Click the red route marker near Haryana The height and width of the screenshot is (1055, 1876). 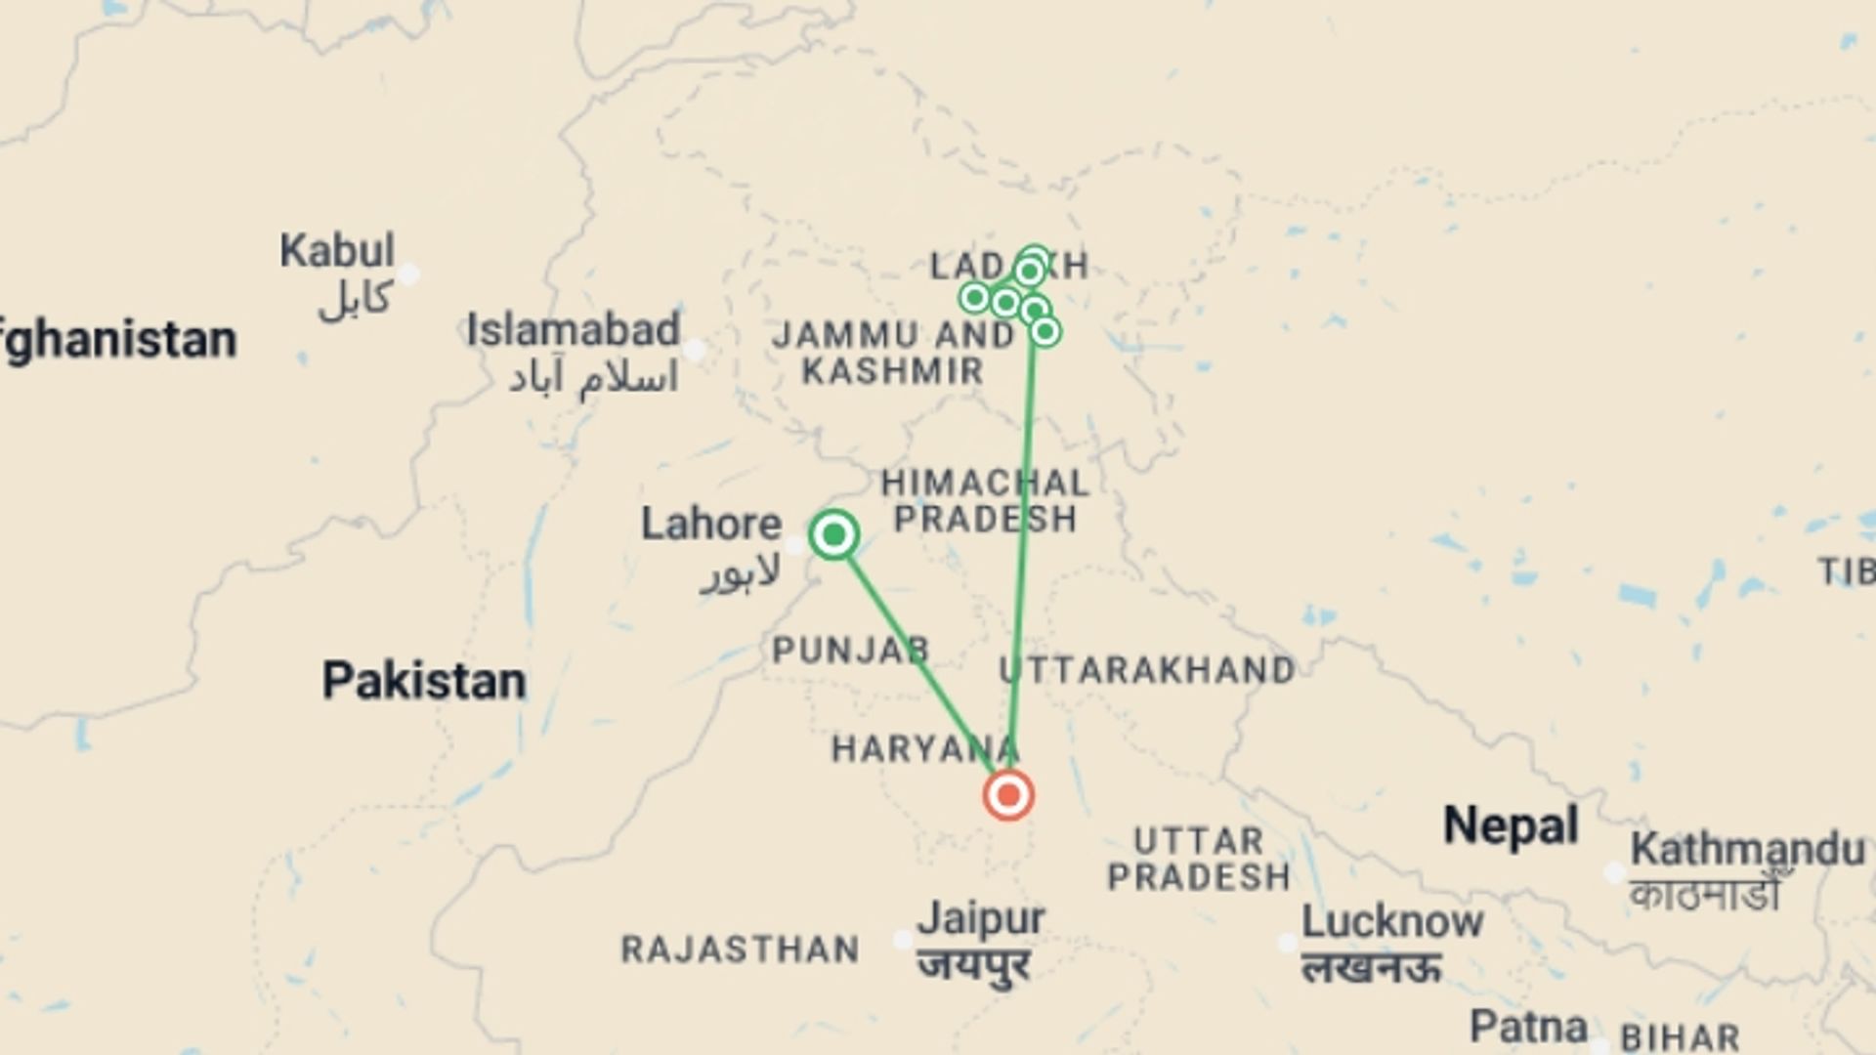(1008, 795)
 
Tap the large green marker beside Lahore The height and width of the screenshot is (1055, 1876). (834, 534)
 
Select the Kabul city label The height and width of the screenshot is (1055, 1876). (337, 251)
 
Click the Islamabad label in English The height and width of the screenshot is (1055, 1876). (573, 330)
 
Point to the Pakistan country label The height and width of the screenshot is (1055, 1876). (424, 681)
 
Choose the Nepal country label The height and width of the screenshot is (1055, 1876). (1511, 826)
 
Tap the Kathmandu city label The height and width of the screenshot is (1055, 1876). (1747, 849)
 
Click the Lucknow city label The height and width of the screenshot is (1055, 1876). (1392, 921)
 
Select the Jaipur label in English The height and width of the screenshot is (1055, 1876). (981, 918)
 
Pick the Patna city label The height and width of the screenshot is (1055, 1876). (1528, 1027)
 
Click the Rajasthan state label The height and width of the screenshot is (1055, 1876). (741, 949)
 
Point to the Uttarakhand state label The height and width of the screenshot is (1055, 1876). (1147, 670)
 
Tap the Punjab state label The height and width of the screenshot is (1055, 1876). (851, 651)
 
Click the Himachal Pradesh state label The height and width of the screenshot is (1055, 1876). (985, 500)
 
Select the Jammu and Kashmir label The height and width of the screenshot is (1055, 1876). (893, 353)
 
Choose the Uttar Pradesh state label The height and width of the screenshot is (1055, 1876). (1199, 859)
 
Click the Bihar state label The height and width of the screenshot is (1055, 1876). (1680, 1036)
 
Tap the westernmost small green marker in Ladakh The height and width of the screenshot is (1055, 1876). (974, 297)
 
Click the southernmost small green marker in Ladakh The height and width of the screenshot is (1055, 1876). (1045, 332)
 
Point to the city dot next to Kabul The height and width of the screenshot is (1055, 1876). (409, 274)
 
